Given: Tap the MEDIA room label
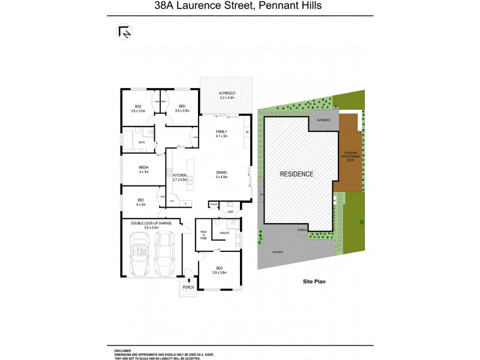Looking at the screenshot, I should point(143,169).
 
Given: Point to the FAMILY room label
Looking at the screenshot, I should point(221,133).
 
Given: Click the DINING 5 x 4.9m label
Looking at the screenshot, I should point(222,175).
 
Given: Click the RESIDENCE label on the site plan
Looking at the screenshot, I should point(297,174).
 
